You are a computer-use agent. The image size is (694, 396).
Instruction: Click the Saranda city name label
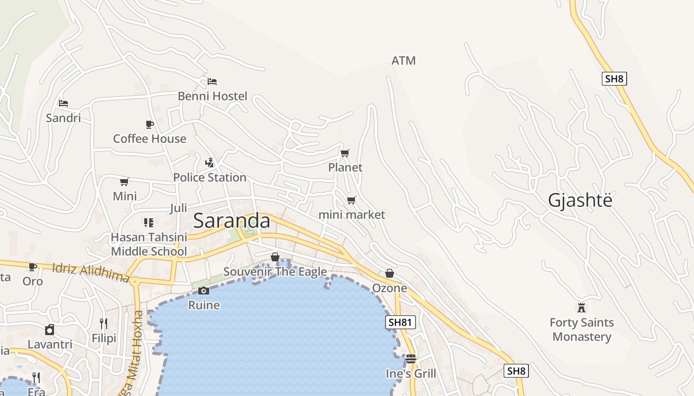coord(231,221)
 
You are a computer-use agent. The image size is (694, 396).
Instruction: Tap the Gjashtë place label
coord(580,200)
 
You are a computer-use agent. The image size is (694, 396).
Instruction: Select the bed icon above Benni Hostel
coord(212,81)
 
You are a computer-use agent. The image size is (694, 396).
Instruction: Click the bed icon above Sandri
coord(63,103)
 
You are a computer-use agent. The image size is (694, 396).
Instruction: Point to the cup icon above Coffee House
coord(149,124)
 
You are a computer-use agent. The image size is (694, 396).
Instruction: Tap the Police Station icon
coord(209,162)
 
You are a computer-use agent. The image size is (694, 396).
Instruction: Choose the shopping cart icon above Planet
coord(345,153)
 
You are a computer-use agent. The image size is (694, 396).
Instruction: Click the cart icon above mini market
coord(351,200)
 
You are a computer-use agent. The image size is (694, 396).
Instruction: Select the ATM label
coord(404,61)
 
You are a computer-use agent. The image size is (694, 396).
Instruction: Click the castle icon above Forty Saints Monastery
coord(581,307)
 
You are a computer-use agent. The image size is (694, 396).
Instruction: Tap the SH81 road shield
coord(400,322)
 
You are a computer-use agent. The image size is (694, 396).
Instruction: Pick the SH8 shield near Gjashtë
coord(614,79)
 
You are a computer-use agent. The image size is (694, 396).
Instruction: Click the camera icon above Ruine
coord(204,291)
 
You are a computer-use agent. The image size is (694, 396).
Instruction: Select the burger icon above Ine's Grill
coord(411,358)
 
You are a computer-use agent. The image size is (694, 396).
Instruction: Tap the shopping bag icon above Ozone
coord(390,273)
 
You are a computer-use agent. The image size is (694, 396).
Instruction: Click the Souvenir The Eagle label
coord(275,272)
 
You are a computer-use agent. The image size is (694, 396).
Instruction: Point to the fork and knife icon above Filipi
coord(104,324)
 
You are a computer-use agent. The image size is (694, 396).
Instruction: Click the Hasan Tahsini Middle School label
coord(149,244)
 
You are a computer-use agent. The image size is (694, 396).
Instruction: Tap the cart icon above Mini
coord(124,182)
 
